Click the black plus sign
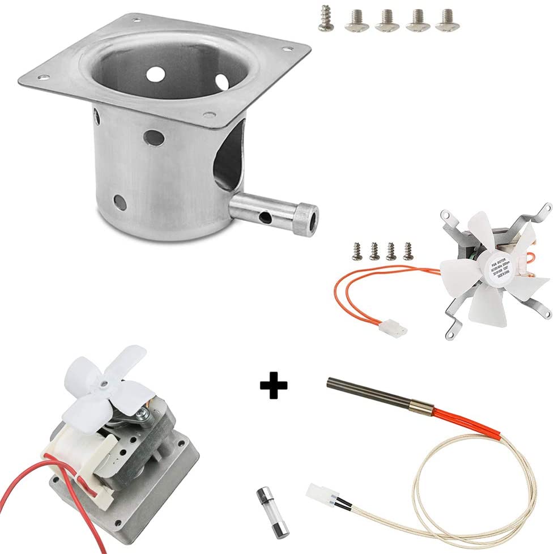[274, 385]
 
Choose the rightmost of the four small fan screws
[407, 250]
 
